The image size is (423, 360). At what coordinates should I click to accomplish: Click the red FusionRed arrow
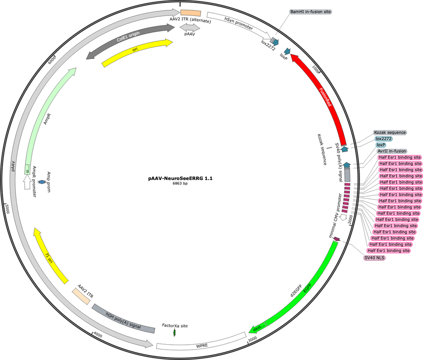pyautogui.click(x=325, y=98)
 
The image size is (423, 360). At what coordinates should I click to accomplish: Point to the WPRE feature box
pyautogui.click(x=201, y=341)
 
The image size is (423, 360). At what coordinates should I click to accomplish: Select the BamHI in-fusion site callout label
pyautogui.click(x=310, y=12)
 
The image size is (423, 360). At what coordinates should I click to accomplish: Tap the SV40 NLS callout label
pyautogui.click(x=374, y=258)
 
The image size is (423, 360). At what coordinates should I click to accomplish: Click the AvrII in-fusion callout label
pyautogui.click(x=391, y=151)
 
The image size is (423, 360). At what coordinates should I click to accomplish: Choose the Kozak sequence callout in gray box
pyautogui.click(x=390, y=132)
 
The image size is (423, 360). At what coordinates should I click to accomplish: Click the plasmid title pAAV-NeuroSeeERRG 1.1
pyautogui.click(x=180, y=178)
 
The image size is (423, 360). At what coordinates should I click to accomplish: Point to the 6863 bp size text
pyautogui.click(x=180, y=184)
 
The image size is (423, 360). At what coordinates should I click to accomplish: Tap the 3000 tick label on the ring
pyautogui.click(x=252, y=339)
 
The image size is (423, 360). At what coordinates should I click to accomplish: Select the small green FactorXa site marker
pyautogui.click(x=174, y=333)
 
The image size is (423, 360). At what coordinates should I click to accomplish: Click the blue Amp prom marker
pyautogui.click(x=42, y=182)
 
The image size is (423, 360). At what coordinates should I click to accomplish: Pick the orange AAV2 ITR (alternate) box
pyautogui.click(x=191, y=13)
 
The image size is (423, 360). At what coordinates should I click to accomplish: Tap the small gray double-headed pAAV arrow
pyautogui.click(x=190, y=28)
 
